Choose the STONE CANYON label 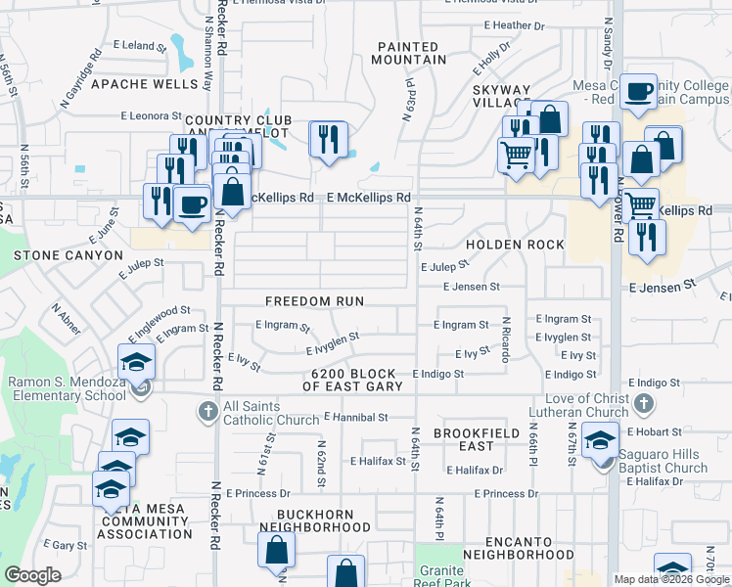(x=68, y=255)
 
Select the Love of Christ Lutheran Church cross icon (x=643, y=402)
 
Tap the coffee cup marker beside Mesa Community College (x=639, y=93)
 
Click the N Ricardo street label (x=506, y=339)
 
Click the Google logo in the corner (x=32, y=575)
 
